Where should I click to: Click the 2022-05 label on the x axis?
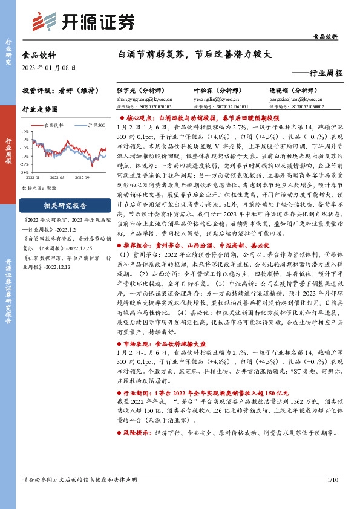[57, 178]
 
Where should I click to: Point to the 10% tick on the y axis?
[25, 131]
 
